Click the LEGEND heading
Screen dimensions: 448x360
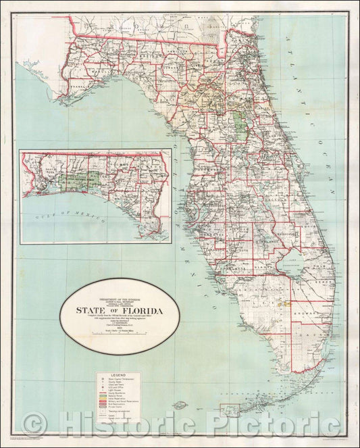click(x=118, y=374)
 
